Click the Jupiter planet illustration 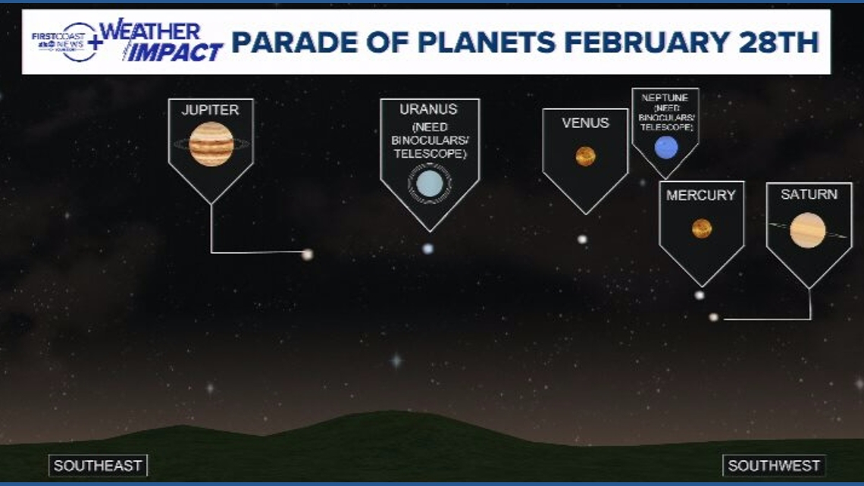point(211,144)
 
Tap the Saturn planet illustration point(807,230)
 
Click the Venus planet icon point(585,156)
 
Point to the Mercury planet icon point(701,228)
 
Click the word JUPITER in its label point(210,110)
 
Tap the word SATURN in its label point(809,195)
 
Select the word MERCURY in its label point(700,196)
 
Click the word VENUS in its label point(585,123)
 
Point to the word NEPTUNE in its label point(665,98)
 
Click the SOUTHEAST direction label point(99,466)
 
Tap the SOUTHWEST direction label point(774,466)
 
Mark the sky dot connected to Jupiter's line point(307,254)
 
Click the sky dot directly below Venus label point(582,239)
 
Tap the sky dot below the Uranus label point(428,248)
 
